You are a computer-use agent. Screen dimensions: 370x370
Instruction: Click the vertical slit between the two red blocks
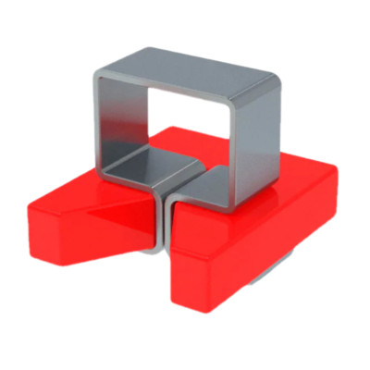coord(165,222)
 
